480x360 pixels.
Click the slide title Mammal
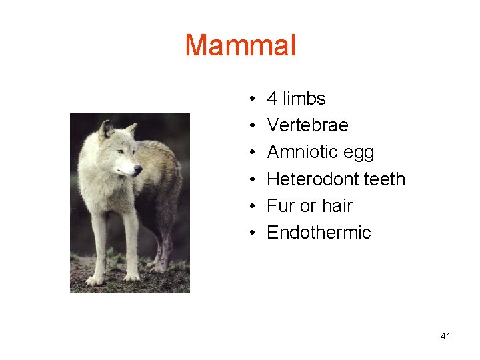tap(240, 45)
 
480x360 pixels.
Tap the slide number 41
tap(445, 336)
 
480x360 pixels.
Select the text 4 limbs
tap(296, 99)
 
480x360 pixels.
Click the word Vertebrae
tap(307, 125)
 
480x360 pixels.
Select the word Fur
tap(281, 206)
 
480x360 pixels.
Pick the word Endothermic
tap(319, 233)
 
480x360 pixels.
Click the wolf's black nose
tap(138, 169)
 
